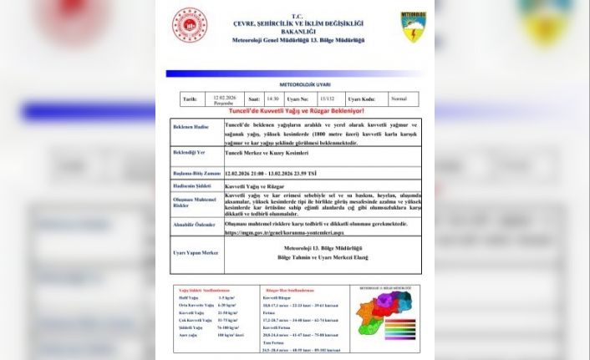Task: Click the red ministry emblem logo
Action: (190, 26)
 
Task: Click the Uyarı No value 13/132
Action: (326, 99)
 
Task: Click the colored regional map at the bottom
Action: (383, 315)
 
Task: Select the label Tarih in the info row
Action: (190, 99)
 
